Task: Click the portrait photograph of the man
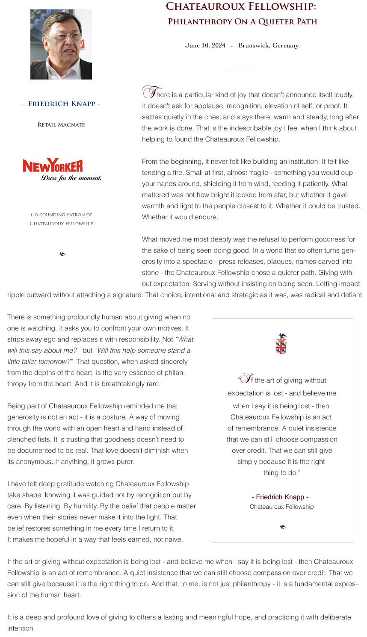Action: click(61, 44)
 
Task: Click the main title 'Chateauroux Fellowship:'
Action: click(241, 6)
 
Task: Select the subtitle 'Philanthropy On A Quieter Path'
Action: click(242, 22)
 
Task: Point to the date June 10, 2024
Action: click(205, 45)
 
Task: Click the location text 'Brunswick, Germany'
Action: click(268, 45)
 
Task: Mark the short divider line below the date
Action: click(241, 69)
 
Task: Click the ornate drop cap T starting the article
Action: click(149, 92)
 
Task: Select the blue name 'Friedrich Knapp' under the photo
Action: click(62, 104)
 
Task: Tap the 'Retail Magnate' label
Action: click(61, 125)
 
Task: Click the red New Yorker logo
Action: click(53, 165)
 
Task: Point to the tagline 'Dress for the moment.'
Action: click(71, 178)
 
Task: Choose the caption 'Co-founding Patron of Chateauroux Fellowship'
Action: click(62, 219)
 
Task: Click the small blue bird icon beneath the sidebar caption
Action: click(62, 254)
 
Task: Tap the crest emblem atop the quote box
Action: click(281, 344)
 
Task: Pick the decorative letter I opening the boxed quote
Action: click(246, 378)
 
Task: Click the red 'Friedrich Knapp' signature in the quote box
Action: click(280, 497)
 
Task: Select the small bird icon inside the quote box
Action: click(282, 527)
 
